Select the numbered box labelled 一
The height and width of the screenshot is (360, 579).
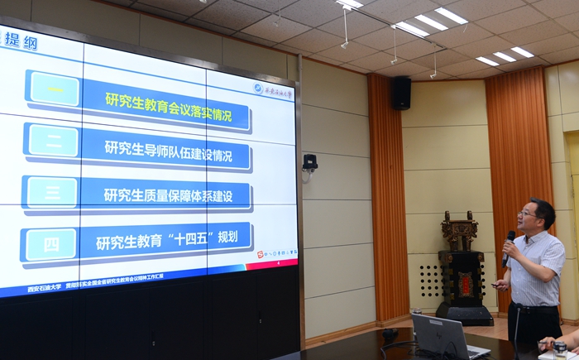(54, 89)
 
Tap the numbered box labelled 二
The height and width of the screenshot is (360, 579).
(53, 141)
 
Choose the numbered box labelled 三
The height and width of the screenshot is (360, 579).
(52, 192)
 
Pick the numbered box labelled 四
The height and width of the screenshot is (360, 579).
(50, 244)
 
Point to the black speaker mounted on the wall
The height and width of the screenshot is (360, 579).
(401, 93)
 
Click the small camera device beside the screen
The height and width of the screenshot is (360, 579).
(310, 162)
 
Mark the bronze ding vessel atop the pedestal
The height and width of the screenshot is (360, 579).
(459, 231)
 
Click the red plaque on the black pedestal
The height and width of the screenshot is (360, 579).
(465, 283)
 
